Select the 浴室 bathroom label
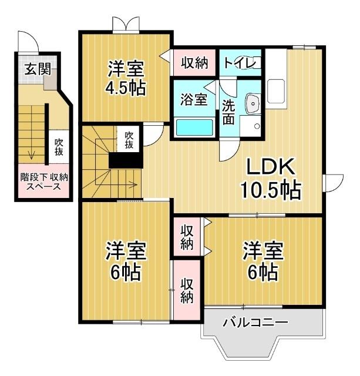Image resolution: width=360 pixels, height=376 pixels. point(193,99)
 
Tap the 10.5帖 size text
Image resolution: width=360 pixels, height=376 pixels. point(270,190)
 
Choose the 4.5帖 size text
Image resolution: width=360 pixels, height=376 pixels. point(126,88)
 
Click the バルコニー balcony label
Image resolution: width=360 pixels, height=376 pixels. point(254,322)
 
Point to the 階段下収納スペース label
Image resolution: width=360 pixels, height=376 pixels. point(44,181)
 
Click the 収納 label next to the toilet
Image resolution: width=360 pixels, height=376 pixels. point(194,63)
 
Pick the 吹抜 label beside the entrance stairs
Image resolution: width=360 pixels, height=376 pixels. point(59,146)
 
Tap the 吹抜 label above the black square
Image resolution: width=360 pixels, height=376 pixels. point(130,140)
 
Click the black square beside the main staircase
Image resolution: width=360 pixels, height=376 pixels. point(124,160)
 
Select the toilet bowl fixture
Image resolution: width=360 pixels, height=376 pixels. point(254,62)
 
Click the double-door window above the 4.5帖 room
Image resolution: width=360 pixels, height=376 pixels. point(126,24)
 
